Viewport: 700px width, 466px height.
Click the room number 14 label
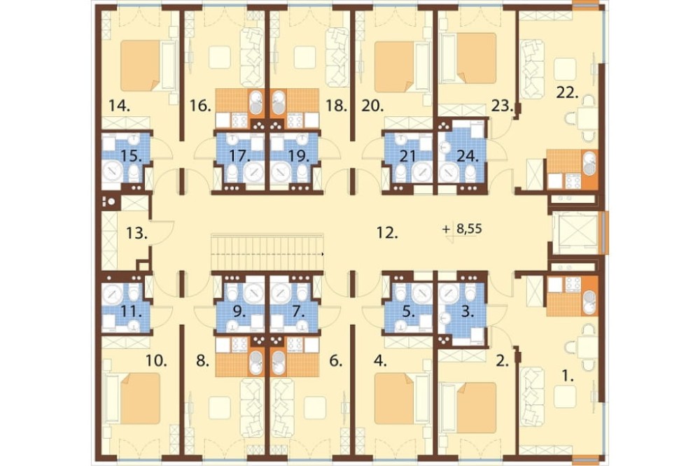click(x=119, y=106)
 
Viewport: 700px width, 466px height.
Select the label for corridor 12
click(x=387, y=232)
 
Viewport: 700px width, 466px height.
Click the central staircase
click(x=267, y=252)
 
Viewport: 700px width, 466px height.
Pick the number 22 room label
click(x=568, y=93)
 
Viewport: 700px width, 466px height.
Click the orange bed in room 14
click(x=141, y=66)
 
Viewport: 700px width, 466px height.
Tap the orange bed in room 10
click(x=141, y=398)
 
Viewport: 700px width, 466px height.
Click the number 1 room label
click(x=568, y=376)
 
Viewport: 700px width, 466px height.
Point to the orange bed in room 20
click(x=395, y=67)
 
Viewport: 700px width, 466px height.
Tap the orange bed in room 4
click(x=395, y=398)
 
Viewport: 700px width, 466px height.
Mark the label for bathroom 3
click(x=467, y=311)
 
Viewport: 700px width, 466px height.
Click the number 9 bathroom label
click(x=239, y=311)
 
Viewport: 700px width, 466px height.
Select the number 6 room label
click(x=336, y=360)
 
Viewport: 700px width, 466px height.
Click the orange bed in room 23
click(x=476, y=58)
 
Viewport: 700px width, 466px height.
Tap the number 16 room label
click(x=200, y=106)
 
